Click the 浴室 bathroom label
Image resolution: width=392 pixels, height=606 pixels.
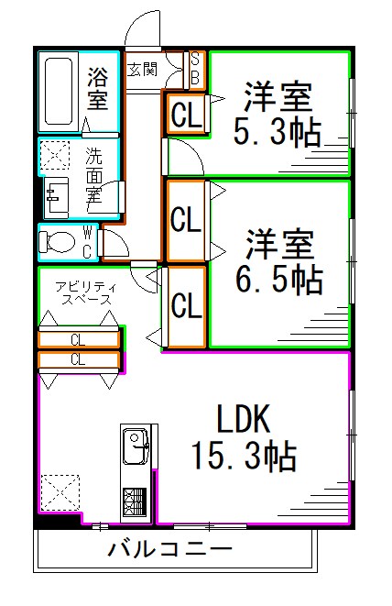click(x=97, y=89)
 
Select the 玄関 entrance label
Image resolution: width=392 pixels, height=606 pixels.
click(x=141, y=69)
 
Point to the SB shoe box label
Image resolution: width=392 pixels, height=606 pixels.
click(x=194, y=69)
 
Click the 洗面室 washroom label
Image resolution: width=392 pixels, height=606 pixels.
click(x=95, y=174)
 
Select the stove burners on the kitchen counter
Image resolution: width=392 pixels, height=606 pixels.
click(x=135, y=503)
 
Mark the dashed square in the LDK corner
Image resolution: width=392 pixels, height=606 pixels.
click(x=58, y=490)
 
